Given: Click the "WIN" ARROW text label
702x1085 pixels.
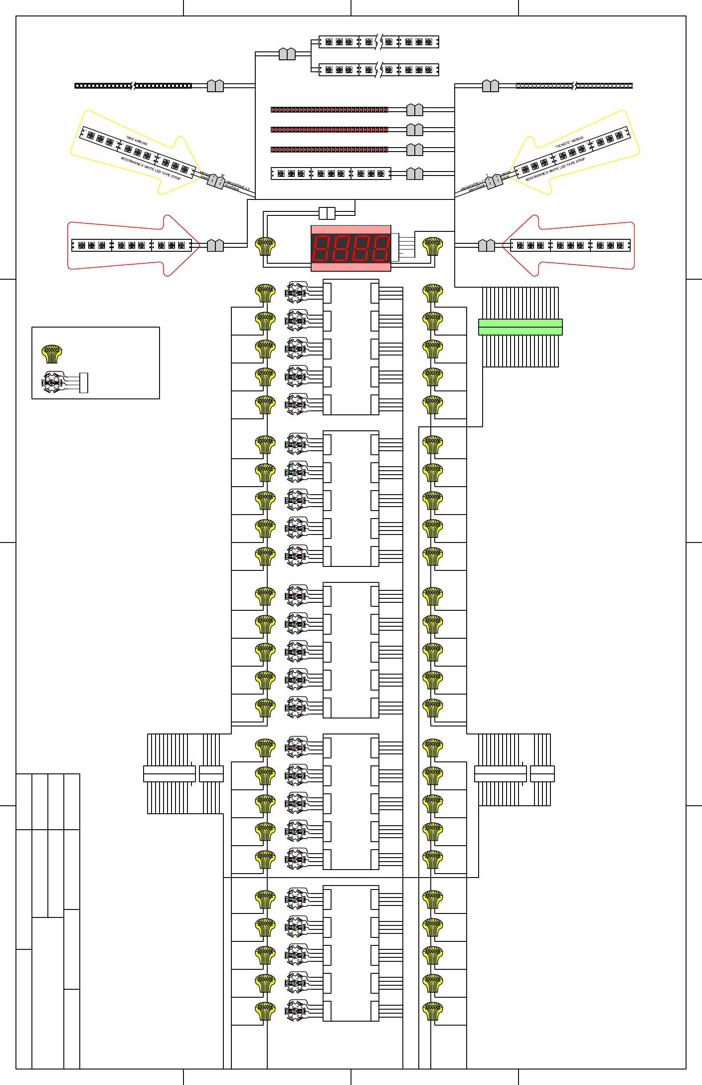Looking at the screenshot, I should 137,141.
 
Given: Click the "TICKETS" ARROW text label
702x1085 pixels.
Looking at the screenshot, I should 569,142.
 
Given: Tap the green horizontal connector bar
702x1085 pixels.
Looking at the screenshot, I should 520,327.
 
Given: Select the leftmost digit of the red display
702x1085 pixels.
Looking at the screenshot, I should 322,248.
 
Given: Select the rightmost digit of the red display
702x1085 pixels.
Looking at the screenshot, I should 381,248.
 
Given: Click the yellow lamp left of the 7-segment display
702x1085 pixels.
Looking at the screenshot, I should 265,246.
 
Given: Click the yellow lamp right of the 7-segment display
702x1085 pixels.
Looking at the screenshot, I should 433,246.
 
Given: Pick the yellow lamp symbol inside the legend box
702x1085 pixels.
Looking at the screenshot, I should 51,353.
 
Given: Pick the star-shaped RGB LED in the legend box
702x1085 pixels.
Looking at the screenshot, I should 53,382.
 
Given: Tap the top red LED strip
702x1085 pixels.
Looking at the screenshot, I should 329,109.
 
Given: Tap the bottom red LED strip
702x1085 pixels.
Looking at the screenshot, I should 329,149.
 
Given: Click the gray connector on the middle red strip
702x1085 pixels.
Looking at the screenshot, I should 415,129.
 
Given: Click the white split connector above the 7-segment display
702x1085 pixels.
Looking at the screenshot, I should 327,213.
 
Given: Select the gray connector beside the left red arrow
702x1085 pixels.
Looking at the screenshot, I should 215,246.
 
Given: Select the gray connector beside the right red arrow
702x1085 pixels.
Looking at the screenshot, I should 486,246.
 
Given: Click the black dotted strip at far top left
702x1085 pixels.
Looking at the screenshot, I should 133,86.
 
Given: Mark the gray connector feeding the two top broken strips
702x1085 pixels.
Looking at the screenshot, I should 287,54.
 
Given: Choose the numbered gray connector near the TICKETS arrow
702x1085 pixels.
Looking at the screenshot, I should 494,181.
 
